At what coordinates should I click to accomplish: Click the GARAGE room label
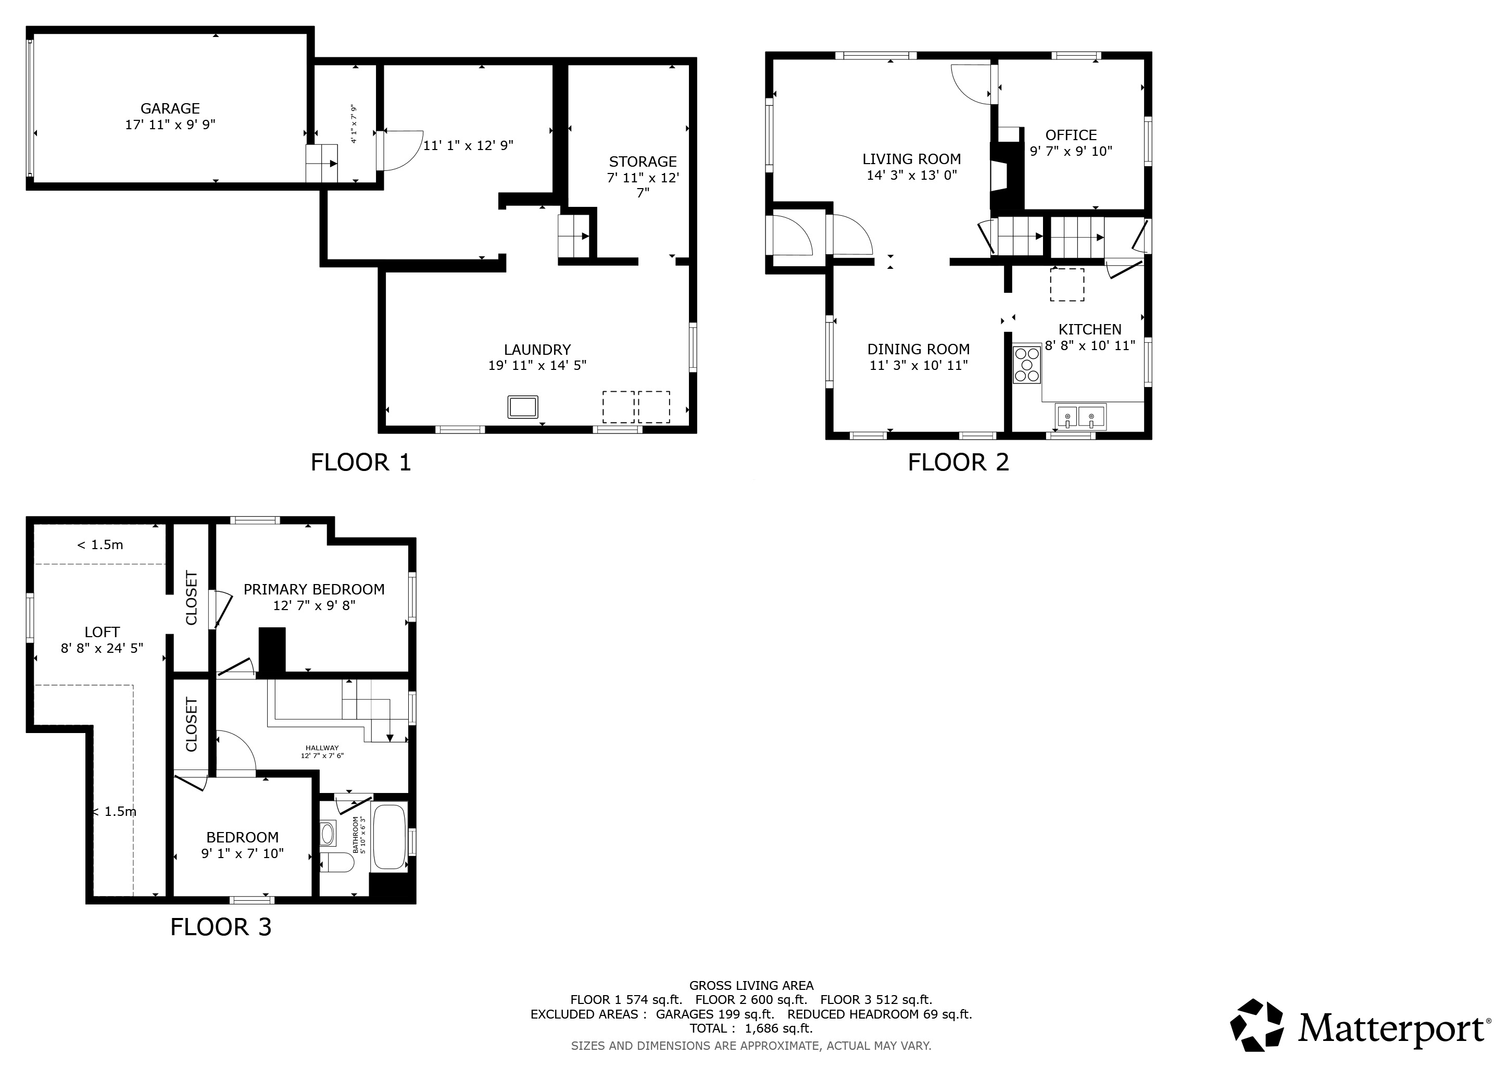point(170,108)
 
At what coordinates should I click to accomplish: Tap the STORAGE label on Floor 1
point(643,162)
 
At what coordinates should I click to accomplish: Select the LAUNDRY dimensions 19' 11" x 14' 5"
point(537,365)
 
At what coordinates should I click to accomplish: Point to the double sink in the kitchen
point(1080,417)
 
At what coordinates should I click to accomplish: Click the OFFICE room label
point(1071,135)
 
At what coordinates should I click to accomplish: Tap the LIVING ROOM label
point(912,159)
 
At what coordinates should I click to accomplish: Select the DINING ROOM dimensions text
point(918,365)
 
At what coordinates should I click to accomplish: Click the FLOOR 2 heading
point(958,463)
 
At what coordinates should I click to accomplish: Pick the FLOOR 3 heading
point(221,927)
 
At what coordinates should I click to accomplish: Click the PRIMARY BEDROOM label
point(314,589)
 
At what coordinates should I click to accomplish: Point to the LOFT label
point(102,632)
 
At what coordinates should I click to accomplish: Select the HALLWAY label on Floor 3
point(322,748)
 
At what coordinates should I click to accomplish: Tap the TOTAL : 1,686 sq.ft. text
point(751,1028)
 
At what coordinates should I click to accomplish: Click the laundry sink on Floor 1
point(523,407)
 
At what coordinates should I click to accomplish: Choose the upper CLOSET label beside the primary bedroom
point(191,598)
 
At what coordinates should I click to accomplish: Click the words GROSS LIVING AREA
point(751,986)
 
